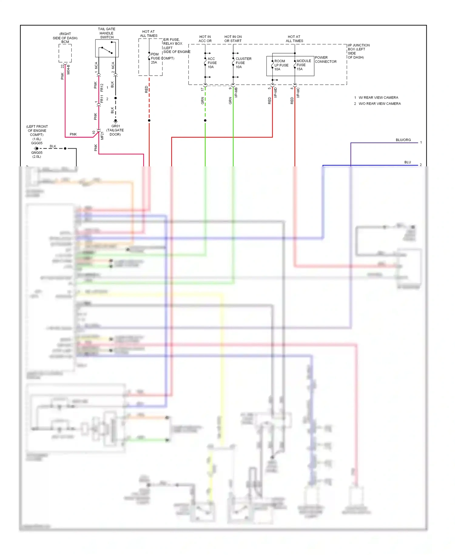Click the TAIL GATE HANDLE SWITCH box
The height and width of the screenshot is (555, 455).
[x=107, y=48]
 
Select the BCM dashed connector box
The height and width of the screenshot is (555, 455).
[x=65, y=53]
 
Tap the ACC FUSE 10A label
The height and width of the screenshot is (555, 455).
[x=212, y=63]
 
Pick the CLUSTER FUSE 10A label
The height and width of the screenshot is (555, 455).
[x=243, y=63]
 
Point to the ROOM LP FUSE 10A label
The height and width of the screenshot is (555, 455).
[x=281, y=65]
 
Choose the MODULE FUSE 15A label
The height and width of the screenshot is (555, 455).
[x=303, y=65]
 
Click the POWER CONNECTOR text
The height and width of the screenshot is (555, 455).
[x=325, y=60]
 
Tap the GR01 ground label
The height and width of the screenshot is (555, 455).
[x=116, y=126]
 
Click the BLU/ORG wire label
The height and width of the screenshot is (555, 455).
[x=403, y=140]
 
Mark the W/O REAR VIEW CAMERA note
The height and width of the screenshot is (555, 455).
[x=379, y=104]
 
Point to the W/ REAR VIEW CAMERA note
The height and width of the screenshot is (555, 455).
[x=378, y=97]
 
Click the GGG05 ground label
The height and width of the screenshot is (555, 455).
[x=37, y=143]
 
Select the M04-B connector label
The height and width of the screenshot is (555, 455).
[x=69, y=70]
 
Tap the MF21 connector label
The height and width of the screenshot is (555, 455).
[x=102, y=136]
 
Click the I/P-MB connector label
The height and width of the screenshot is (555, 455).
[x=236, y=92]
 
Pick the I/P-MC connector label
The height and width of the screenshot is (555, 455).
[x=298, y=92]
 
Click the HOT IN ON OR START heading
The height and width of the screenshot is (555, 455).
[x=233, y=39]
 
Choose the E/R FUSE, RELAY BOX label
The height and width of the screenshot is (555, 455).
[x=173, y=42]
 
